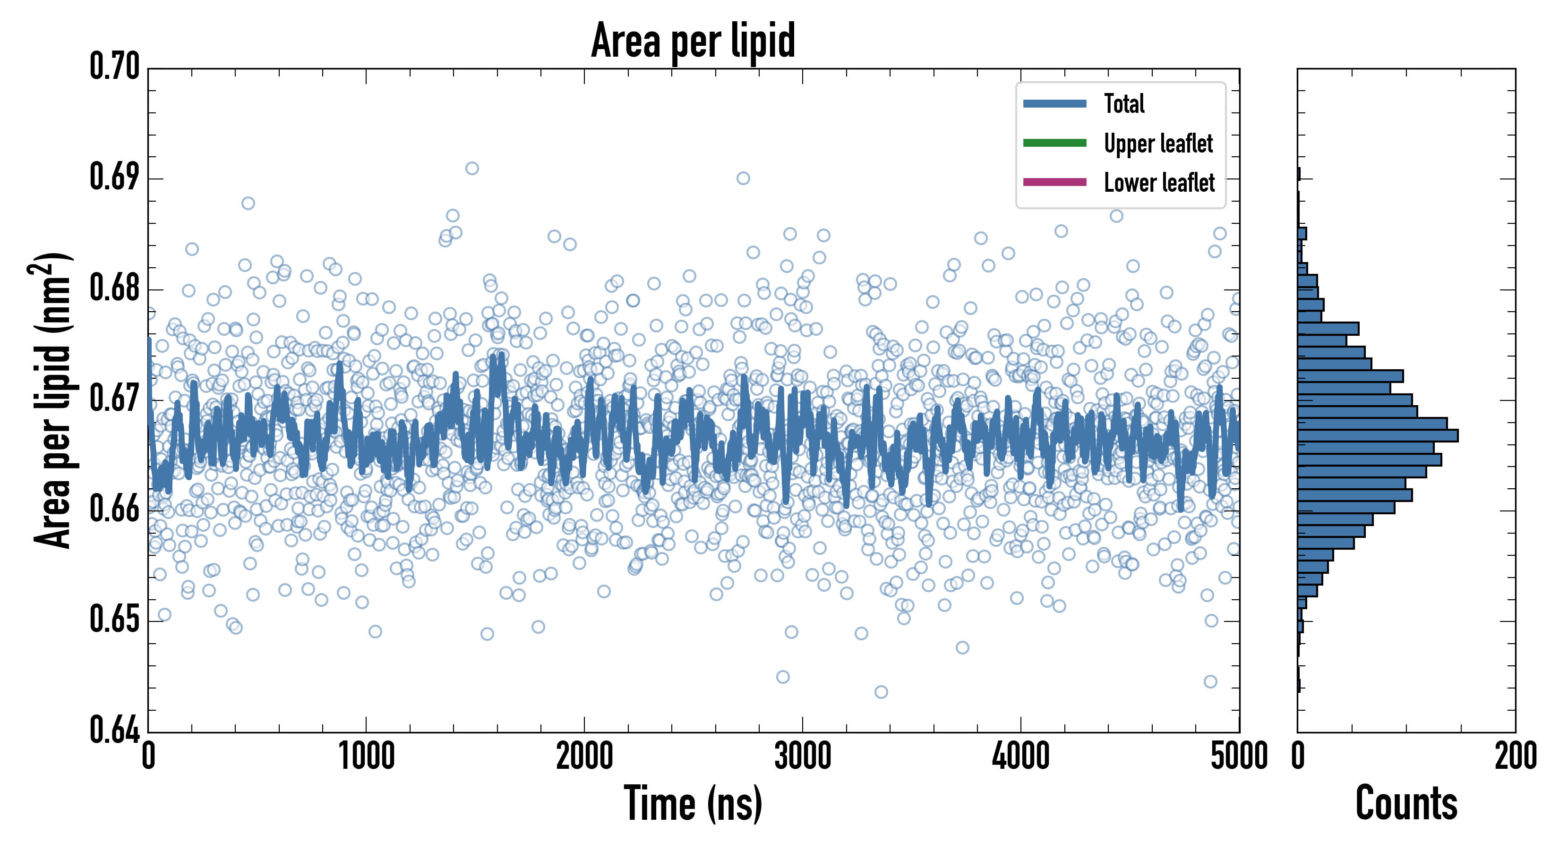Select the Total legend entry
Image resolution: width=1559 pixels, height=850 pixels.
point(1124,103)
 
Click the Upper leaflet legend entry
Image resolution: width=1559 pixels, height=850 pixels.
point(1158,144)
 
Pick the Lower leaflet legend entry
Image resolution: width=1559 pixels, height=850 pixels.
point(1159,183)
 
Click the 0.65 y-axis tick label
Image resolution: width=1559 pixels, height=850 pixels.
point(114,620)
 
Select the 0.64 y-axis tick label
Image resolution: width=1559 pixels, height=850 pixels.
point(114,730)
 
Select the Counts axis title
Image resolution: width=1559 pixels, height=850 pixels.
point(1406,803)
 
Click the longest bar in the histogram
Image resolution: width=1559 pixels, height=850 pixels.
point(1378,435)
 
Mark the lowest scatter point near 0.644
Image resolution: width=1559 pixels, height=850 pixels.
point(881,691)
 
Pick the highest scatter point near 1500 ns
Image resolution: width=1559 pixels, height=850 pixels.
point(472,168)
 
